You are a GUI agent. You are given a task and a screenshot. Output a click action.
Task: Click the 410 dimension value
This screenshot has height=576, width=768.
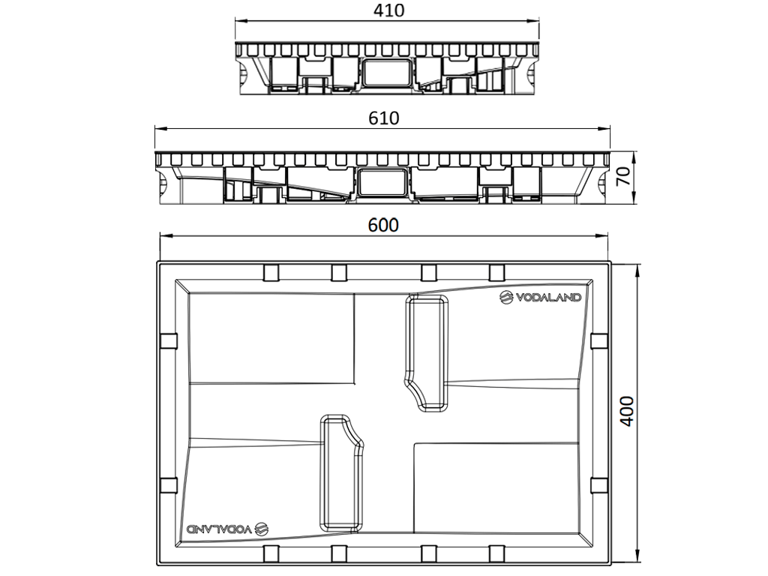point(388,10)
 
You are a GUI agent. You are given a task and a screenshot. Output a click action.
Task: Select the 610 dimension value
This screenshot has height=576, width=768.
point(383,118)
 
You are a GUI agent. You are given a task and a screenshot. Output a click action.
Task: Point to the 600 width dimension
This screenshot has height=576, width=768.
point(383,224)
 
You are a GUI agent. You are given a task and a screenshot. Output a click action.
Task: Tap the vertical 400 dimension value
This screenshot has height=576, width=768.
point(628,411)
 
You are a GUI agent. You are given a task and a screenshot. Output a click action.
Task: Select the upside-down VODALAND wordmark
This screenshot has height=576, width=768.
point(218,528)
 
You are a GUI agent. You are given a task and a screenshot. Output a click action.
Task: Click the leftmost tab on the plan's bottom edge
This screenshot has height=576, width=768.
point(271,554)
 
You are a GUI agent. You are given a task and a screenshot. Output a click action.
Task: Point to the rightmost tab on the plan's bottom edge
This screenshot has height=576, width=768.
point(496,554)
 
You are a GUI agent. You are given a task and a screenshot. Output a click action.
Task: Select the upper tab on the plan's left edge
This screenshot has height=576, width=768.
point(168,340)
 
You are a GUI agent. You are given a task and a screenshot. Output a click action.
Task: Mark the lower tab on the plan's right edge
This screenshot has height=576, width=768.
point(598,485)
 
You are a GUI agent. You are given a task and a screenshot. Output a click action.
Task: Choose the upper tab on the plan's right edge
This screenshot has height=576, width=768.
point(598,340)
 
